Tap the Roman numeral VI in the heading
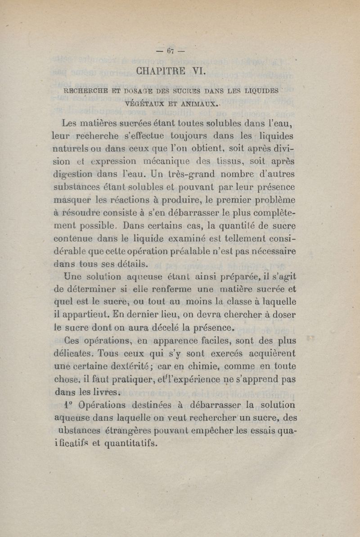(x=198, y=71)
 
